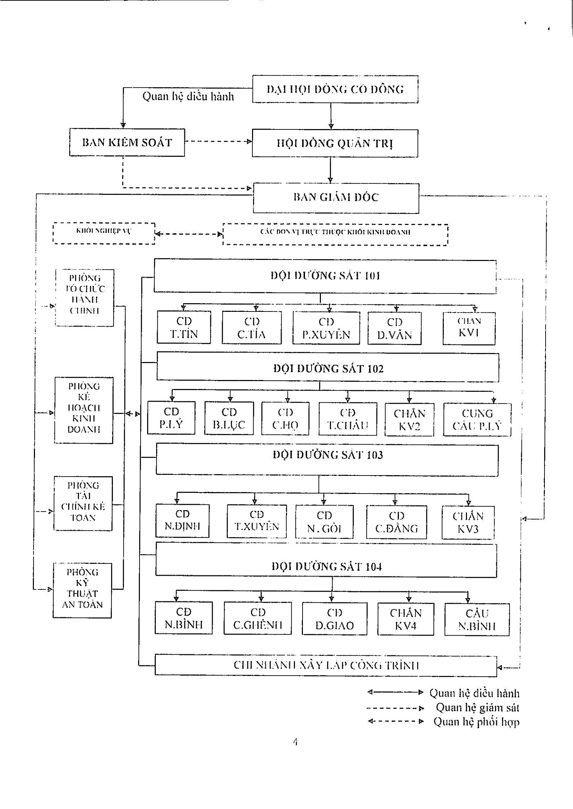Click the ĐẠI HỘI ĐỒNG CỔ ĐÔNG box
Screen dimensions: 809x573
pos(335,89)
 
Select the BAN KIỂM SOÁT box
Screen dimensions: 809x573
pos(127,142)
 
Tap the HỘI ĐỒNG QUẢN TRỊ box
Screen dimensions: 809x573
pos(335,143)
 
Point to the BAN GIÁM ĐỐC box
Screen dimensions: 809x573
pos(336,198)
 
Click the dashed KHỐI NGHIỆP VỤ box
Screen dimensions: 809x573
pos(104,234)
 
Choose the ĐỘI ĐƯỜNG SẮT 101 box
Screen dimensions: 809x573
pos(325,276)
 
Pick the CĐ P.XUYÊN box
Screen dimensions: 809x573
pos(326,328)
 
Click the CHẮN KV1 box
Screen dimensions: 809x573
pos(469,328)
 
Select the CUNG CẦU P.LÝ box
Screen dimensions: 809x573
pos(477,419)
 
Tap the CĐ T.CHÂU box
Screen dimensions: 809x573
pos(348,419)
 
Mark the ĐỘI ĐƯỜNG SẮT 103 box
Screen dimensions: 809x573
pos(327,460)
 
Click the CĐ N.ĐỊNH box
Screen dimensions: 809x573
pos(182,520)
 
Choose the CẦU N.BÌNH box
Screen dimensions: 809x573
pos(477,619)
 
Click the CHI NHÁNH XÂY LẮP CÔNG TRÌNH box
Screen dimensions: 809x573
pos(326,665)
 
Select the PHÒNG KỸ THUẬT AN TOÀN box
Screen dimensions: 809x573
pos(82,590)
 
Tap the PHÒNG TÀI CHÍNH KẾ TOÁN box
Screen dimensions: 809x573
pos(83,503)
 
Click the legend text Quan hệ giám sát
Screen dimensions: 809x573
pos(477,708)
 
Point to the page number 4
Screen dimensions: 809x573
pos(295,742)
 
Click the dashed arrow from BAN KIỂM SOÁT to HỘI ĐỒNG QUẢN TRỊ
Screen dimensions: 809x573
pos(218,142)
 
